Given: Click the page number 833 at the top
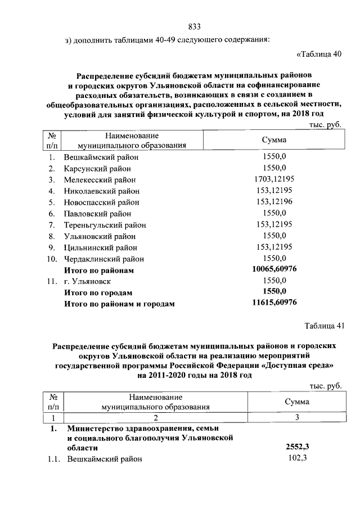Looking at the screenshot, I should [195, 27].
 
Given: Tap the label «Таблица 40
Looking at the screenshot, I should [318, 55].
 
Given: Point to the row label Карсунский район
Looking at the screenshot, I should [97, 169].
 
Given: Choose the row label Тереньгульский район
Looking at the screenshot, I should [104, 225].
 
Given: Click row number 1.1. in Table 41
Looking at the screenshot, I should [53, 459].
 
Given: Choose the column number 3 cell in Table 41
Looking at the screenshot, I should [296, 417].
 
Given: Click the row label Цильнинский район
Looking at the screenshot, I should [100, 247].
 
